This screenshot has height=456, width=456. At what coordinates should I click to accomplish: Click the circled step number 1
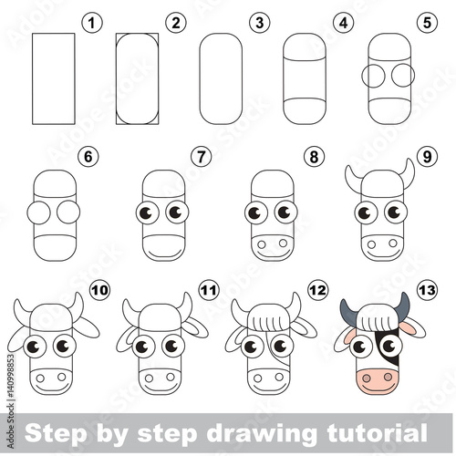coord(92,23)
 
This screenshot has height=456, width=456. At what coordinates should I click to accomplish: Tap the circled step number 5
coord(427,23)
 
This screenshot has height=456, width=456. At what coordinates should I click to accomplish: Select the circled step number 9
coord(427,157)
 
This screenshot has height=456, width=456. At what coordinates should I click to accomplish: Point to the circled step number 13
coord(427,290)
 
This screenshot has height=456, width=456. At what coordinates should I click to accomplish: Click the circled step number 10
coord(99,290)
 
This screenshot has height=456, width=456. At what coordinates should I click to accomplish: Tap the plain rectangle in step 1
coord(54,78)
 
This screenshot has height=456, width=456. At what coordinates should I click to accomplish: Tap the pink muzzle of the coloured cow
coord(378,380)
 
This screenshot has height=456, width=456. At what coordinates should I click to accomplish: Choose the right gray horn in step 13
coord(404,307)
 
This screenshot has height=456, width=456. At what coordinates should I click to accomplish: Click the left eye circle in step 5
coord(374,76)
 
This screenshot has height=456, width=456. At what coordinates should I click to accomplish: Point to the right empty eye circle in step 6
coord(68,212)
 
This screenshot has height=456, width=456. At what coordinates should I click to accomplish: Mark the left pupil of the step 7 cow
coord(145,212)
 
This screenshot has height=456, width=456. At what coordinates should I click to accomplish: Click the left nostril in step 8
coord(262,244)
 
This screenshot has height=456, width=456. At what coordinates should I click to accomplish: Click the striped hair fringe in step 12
coord(268,322)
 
